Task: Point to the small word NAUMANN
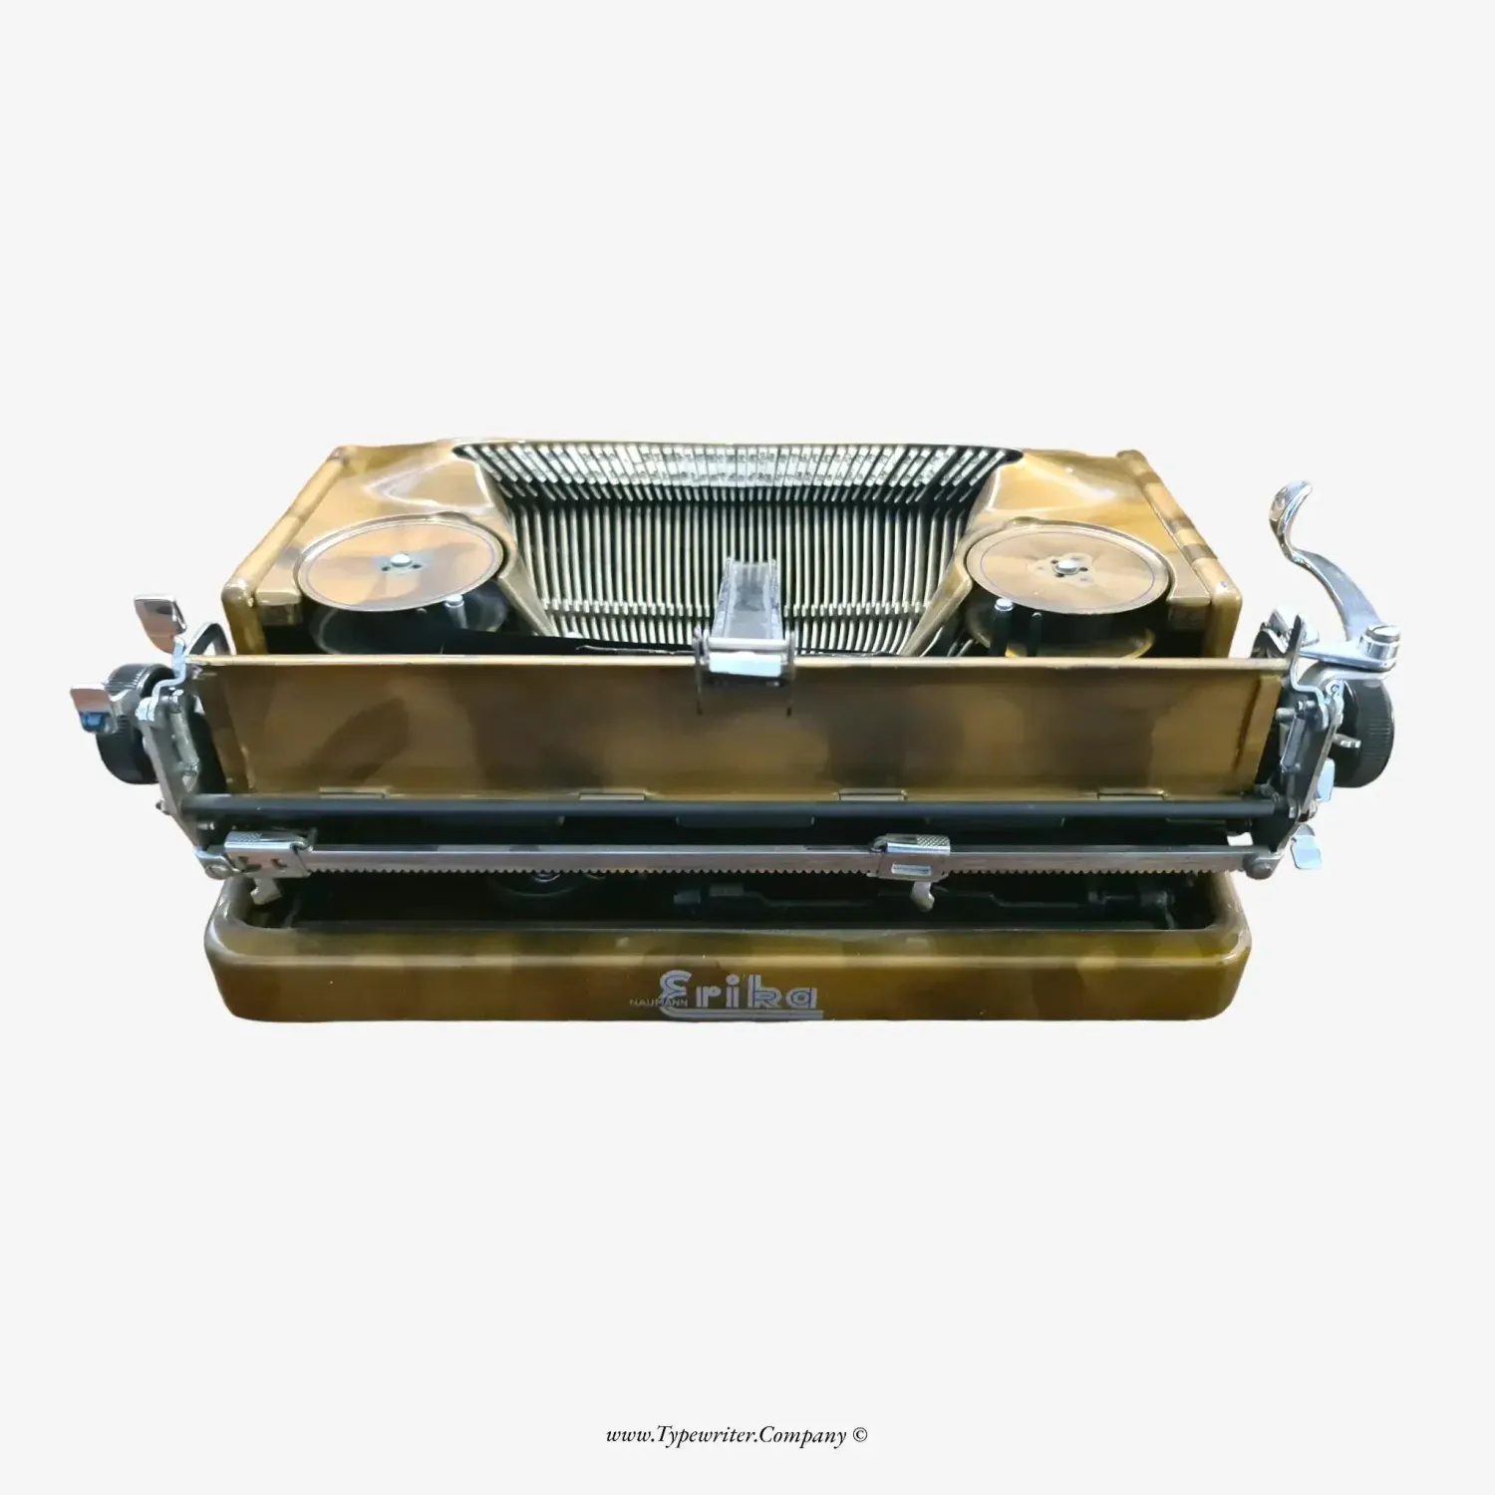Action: (650, 1006)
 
